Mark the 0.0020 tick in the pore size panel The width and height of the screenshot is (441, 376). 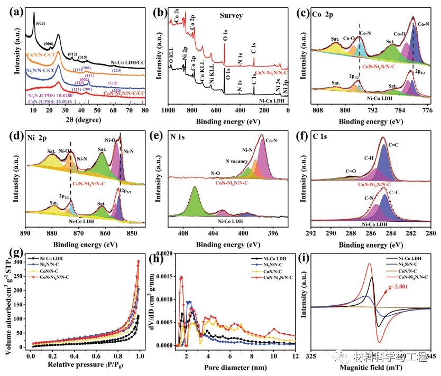click(x=172, y=253)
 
